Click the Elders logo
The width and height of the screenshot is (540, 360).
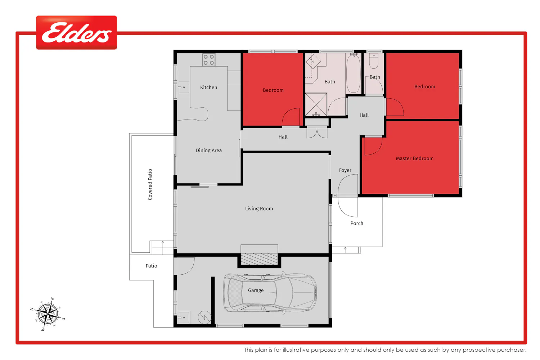point(76,32)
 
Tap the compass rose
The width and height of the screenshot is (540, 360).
point(48,314)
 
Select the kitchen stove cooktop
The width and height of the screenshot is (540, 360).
point(208,60)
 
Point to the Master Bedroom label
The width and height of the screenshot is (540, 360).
point(415,158)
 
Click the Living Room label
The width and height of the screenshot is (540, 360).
point(259,208)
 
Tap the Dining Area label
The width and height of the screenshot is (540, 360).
point(209,150)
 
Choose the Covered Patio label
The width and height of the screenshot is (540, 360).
point(150,184)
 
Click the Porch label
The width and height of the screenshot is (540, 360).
point(357,223)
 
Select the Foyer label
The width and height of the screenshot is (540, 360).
point(345,170)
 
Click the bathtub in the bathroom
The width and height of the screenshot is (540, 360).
point(354,73)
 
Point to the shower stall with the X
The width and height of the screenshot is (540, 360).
point(316,104)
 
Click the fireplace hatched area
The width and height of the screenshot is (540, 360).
point(259,259)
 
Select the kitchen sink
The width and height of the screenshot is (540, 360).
point(184,87)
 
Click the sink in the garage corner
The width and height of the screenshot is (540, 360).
point(184,317)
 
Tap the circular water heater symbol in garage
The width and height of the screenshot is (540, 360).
point(204,317)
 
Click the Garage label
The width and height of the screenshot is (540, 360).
point(256,290)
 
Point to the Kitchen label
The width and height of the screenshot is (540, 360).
point(208,87)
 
